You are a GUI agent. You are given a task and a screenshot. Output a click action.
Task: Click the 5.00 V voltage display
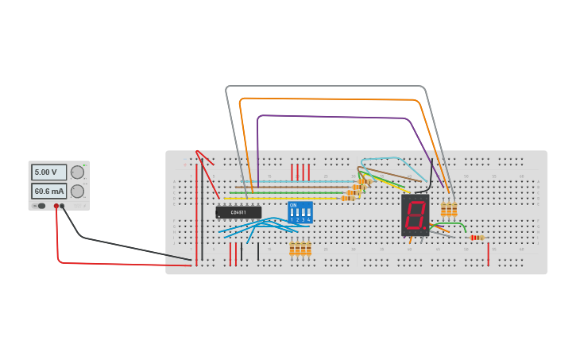click(x=48, y=172)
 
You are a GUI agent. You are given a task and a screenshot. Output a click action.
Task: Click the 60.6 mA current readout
click(x=48, y=192)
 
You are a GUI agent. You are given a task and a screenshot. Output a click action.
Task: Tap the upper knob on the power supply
click(x=77, y=172)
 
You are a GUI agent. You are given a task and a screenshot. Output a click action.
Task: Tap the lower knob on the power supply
click(x=77, y=192)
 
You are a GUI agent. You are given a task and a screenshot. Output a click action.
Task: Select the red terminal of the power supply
click(x=56, y=206)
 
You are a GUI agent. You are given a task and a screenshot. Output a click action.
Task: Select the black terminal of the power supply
click(x=62, y=206)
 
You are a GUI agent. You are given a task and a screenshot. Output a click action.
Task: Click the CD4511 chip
click(x=238, y=212)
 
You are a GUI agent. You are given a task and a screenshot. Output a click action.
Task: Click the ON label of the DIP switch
click(x=293, y=205)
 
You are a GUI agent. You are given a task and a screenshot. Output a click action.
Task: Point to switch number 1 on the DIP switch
click(x=292, y=213)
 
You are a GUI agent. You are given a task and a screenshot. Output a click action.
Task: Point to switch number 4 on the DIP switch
click(x=308, y=213)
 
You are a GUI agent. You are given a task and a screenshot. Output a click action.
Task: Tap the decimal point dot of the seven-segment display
click(x=426, y=228)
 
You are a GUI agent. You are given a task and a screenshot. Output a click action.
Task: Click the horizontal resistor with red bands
click(x=477, y=237)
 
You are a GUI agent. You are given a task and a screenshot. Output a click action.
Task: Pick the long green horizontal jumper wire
click(x=286, y=192)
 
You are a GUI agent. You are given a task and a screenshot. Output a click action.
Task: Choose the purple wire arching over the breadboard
click(x=334, y=116)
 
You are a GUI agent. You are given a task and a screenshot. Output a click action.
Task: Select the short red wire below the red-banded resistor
click(x=488, y=253)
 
